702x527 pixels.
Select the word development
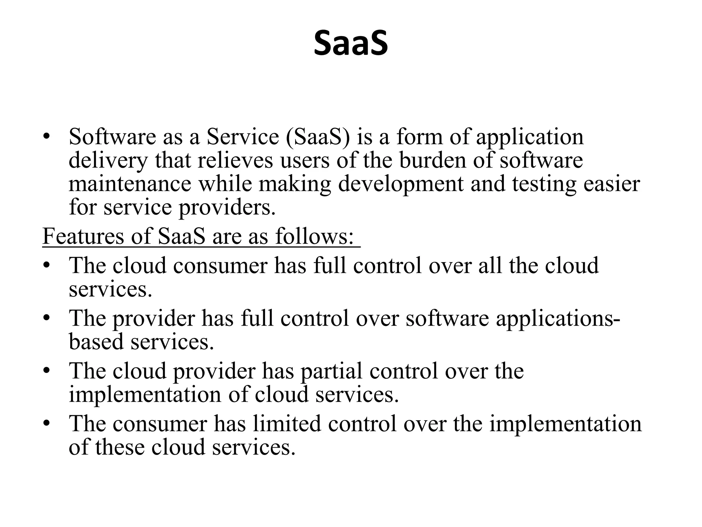(x=400, y=184)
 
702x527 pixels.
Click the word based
(x=96, y=342)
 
